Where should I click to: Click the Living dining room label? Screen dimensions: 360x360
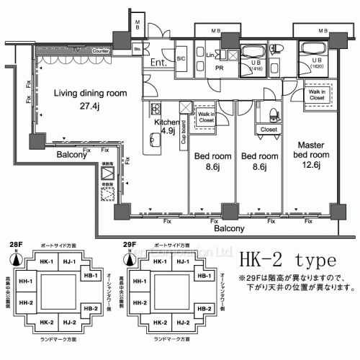pyautogui.click(x=91, y=93)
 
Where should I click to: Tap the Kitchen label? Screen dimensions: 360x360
pyautogui.click(x=166, y=122)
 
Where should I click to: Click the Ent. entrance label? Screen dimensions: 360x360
pyautogui.click(x=159, y=63)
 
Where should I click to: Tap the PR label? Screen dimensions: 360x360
pyautogui.click(x=219, y=68)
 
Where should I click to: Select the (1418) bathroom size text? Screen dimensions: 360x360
pyautogui.click(x=256, y=71)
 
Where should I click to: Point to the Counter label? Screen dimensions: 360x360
pyautogui.click(x=101, y=52)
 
